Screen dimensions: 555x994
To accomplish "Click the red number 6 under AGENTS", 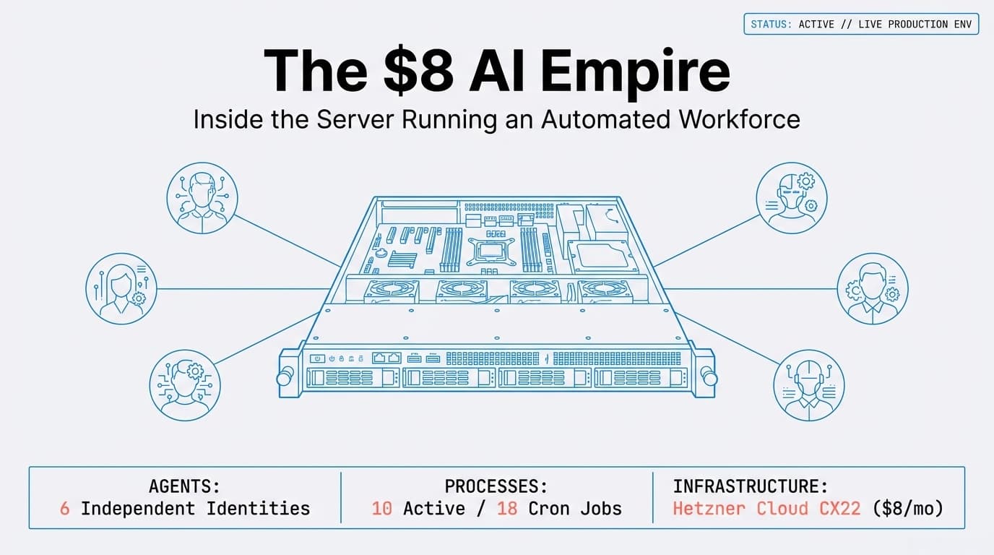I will (x=65, y=508).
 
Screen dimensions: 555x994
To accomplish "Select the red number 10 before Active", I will (x=381, y=508).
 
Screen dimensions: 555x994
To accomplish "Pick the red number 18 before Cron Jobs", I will (x=507, y=508).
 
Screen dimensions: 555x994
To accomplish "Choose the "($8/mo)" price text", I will (x=908, y=508).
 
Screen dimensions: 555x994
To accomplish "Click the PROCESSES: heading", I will (x=496, y=486).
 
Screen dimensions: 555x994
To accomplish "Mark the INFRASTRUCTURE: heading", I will (x=751, y=486).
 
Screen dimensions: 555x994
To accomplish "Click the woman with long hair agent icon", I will (x=121, y=288).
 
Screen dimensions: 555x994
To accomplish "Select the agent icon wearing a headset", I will (x=808, y=385).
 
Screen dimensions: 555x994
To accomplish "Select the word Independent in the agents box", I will (x=137, y=508).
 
